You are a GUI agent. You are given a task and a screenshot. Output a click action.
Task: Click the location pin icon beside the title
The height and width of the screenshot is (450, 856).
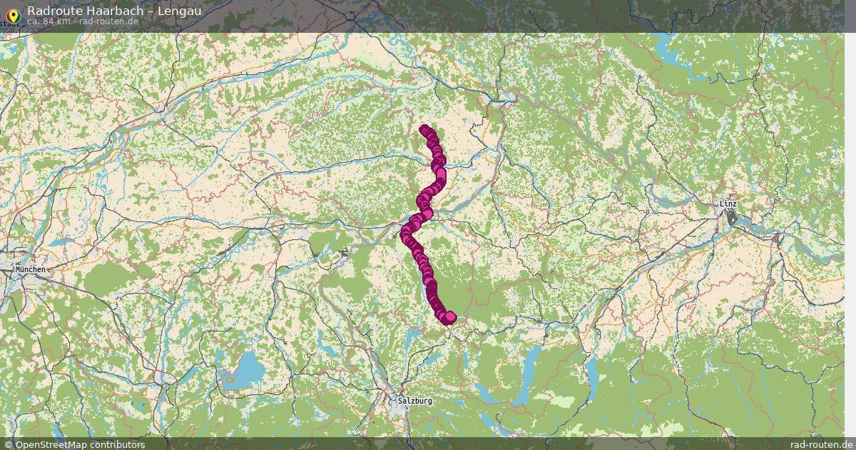click(x=12, y=14)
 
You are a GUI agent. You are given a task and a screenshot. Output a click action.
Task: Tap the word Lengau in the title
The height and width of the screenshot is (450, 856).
click(x=178, y=11)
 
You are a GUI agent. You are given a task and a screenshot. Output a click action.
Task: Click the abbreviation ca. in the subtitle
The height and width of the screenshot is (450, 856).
click(x=34, y=21)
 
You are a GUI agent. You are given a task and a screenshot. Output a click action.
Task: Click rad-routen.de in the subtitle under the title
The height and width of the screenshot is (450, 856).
click(x=108, y=21)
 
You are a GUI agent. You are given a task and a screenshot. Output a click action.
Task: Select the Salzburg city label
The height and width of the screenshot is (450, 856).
click(x=415, y=401)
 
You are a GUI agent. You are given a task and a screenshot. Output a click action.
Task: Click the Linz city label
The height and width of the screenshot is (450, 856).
click(x=728, y=204)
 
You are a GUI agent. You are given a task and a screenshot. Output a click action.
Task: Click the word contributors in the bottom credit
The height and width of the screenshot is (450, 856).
click(x=121, y=444)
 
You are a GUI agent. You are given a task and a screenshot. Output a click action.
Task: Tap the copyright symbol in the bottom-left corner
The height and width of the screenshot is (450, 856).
click(x=9, y=444)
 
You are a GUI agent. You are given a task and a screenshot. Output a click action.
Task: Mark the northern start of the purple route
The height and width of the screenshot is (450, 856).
click(x=424, y=130)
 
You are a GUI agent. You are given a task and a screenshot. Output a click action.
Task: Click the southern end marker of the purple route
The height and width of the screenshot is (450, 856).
click(x=449, y=317)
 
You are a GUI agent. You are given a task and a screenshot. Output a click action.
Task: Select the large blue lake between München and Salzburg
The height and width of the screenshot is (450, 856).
click(x=247, y=369)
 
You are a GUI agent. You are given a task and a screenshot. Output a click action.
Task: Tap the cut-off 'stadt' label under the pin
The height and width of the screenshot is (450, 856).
click(x=10, y=24)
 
